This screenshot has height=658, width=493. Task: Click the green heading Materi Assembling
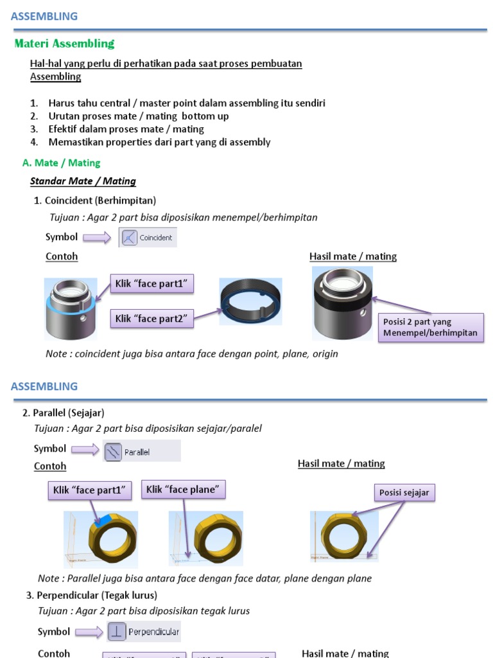(x=64, y=44)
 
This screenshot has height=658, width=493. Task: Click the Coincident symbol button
(x=148, y=237)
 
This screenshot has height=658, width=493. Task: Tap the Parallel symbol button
(x=142, y=451)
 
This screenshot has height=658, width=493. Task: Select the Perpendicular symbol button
(x=144, y=632)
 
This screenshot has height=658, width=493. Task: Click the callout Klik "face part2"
(x=152, y=317)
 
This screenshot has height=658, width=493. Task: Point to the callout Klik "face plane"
(x=183, y=490)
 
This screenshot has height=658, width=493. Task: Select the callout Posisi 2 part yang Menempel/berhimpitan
(x=431, y=327)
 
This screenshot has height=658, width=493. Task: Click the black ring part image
(x=250, y=301)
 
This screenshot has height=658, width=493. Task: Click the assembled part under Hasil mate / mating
(x=342, y=303)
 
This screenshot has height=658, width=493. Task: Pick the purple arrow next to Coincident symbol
(x=97, y=238)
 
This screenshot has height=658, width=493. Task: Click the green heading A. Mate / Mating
(x=61, y=163)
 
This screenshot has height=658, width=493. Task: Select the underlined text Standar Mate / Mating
(x=83, y=181)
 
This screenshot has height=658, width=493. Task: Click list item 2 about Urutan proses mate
(x=138, y=116)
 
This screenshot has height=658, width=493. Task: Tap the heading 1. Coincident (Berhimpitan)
(x=94, y=200)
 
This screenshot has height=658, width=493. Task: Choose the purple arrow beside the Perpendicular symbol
(x=89, y=632)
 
